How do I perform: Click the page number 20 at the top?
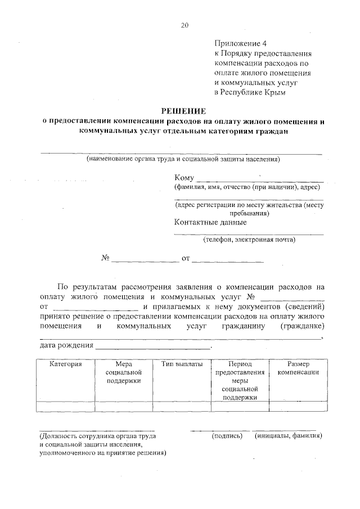(184, 25)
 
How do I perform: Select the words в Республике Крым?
(250, 92)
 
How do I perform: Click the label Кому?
(184, 178)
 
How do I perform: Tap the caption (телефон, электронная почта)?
(249, 240)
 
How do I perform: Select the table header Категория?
(65, 364)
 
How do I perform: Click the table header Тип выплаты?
(182, 364)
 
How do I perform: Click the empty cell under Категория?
(65, 407)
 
